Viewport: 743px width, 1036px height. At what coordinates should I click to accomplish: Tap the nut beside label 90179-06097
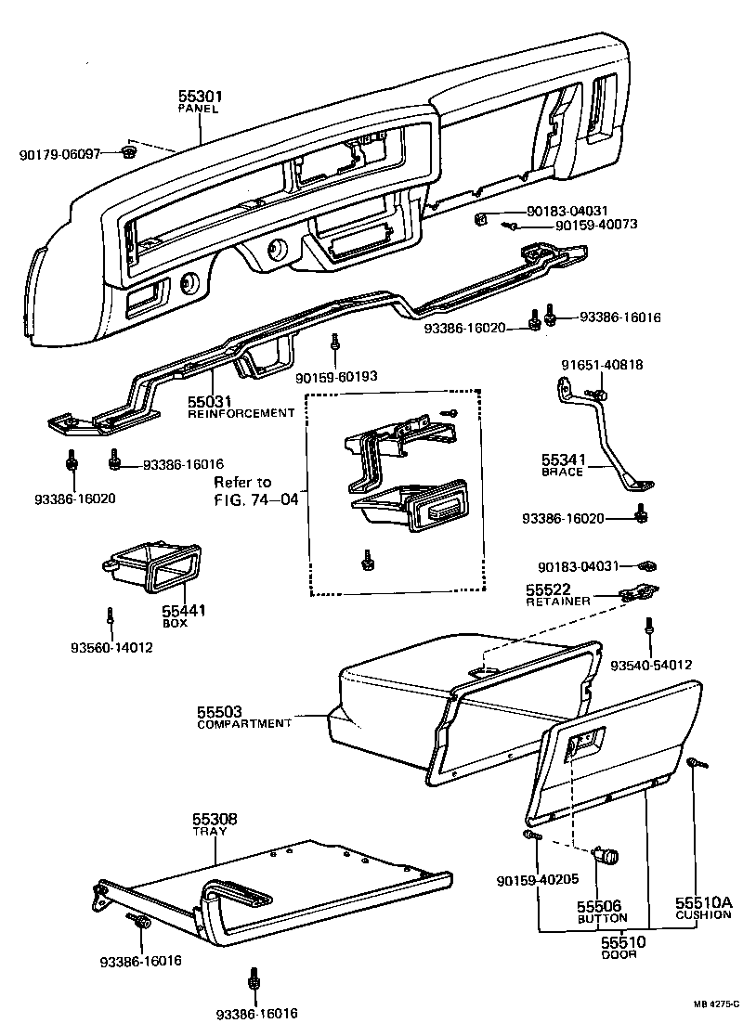[129, 152]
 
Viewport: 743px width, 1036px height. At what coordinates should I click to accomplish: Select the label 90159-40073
[595, 226]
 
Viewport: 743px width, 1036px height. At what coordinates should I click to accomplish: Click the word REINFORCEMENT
[241, 413]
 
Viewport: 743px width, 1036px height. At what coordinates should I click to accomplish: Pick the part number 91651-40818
[602, 365]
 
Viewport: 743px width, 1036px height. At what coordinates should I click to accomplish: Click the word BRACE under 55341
[562, 472]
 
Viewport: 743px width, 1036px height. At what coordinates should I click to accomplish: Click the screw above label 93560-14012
[111, 617]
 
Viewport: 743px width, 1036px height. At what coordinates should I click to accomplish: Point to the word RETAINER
[557, 602]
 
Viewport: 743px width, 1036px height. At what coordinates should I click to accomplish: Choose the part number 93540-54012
[651, 666]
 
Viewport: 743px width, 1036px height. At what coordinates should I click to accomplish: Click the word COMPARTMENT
[244, 723]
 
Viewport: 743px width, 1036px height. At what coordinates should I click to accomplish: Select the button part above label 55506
[608, 856]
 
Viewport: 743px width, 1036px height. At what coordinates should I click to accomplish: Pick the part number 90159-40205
[538, 880]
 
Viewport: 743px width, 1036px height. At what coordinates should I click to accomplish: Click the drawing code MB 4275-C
[715, 1004]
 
